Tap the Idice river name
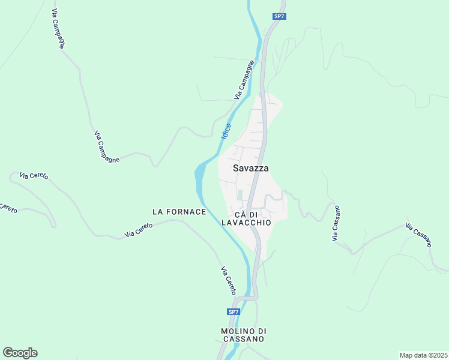pyautogui.click(x=226, y=132)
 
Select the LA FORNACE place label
pyautogui.click(x=179, y=212)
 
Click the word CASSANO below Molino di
pyautogui.click(x=243, y=339)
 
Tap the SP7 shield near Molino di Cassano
pyautogui.click(x=234, y=312)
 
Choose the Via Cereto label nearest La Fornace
pyautogui.click(x=139, y=230)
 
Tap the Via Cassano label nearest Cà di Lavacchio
pyautogui.click(x=336, y=224)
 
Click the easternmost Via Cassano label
pyautogui.click(x=418, y=235)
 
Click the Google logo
pyautogui.click(x=20, y=353)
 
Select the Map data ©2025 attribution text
pyautogui.click(x=423, y=355)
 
